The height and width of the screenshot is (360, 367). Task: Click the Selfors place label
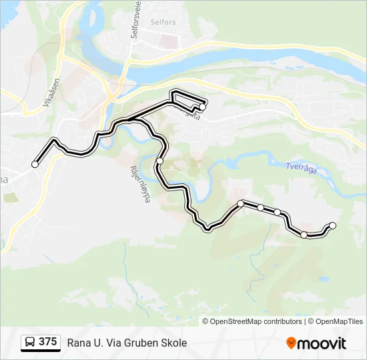[x=163, y=22]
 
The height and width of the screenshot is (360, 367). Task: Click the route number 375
[x=47, y=342]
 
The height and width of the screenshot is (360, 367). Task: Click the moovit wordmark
[x=322, y=343]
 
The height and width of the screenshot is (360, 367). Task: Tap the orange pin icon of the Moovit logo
[x=291, y=343]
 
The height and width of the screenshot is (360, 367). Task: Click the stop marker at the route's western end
[x=35, y=164]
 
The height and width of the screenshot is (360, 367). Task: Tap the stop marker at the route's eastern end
[x=333, y=225]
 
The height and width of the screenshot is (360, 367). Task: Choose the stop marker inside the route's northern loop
[x=202, y=107]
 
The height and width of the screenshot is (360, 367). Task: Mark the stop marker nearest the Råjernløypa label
[x=159, y=161]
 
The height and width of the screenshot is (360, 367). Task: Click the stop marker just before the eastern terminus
[x=304, y=235]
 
